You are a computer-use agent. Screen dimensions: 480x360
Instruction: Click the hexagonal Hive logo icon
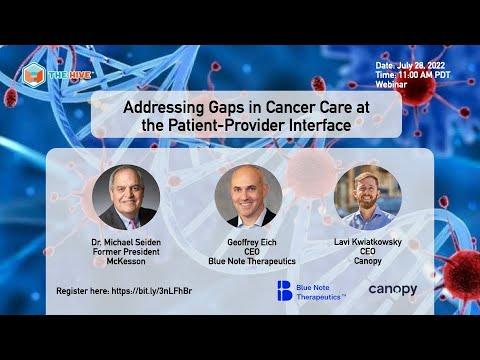(33, 75)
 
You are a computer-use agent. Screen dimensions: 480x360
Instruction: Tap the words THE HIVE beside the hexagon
(70, 75)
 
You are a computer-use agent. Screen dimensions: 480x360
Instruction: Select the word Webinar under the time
(391, 84)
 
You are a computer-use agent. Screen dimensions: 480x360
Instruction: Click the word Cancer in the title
(290, 107)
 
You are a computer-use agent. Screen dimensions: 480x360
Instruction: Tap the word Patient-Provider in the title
(227, 125)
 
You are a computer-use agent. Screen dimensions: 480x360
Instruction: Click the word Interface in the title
(320, 125)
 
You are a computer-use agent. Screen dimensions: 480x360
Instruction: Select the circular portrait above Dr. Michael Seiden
(126, 197)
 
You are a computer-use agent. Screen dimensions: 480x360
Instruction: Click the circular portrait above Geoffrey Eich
(248, 197)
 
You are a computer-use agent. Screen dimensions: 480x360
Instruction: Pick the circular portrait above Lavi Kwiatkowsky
(368, 197)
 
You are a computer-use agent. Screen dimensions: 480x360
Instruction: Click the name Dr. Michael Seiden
(126, 242)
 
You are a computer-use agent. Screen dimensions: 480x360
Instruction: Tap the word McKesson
(126, 261)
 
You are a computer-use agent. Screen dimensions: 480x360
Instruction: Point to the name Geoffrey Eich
(252, 242)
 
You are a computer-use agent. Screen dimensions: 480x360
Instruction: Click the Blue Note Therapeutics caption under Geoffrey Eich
(252, 261)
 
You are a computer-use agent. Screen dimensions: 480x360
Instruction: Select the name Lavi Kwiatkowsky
(368, 242)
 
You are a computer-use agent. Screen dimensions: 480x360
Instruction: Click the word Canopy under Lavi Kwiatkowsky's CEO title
(368, 261)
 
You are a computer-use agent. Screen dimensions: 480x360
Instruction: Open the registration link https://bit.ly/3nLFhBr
(152, 291)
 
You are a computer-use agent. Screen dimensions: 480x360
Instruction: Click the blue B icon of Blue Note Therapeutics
(284, 291)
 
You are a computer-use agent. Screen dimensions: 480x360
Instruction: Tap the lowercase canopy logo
(393, 290)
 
